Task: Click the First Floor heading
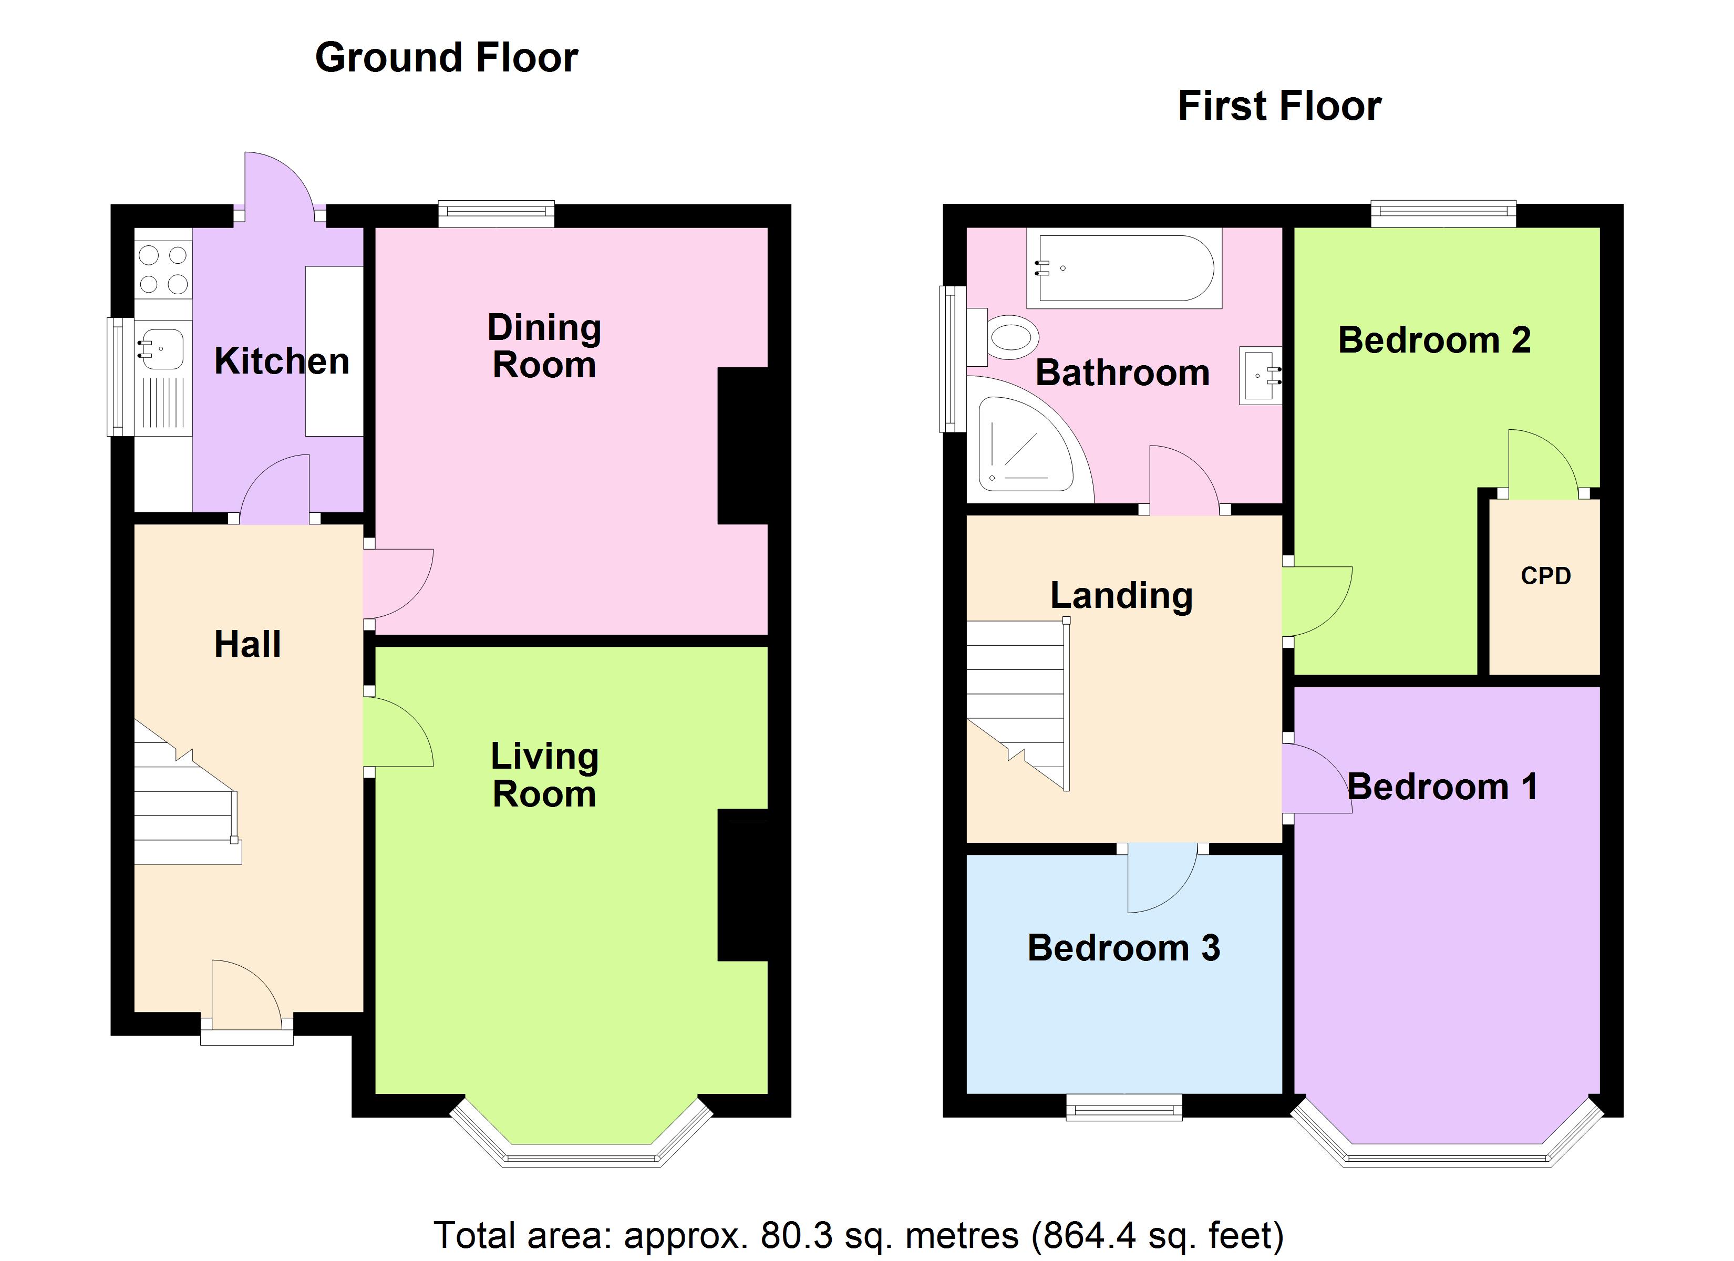1279,106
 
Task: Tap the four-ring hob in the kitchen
163,269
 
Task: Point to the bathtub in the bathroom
1124,268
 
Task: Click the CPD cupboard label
1545,576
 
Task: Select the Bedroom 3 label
1123,948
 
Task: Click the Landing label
1121,596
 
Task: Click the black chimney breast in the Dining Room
742,446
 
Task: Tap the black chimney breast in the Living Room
742,885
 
